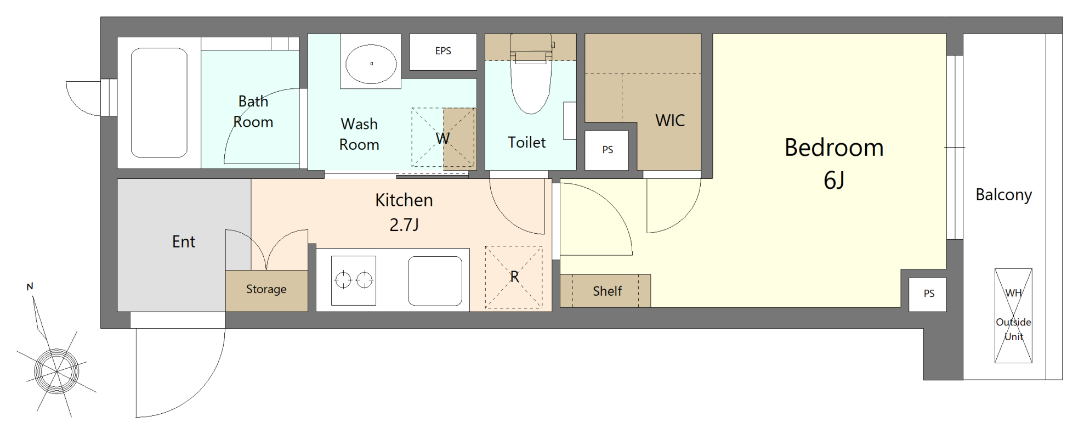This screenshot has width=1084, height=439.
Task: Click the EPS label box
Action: tap(443, 52)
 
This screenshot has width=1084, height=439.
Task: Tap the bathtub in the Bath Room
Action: tap(159, 103)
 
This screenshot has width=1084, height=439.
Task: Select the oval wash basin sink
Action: tap(371, 64)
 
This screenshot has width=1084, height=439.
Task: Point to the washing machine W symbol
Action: tap(443, 138)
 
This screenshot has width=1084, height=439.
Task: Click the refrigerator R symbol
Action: tap(514, 277)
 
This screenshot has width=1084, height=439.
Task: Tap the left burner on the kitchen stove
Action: tap(343, 280)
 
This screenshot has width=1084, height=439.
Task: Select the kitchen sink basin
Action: tap(435, 281)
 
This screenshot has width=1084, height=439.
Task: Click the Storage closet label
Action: tap(266, 289)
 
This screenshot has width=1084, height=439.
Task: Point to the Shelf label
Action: tap(607, 291)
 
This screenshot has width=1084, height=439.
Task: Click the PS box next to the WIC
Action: tap(607, 150)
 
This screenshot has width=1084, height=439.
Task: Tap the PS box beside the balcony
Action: tap(928, 294)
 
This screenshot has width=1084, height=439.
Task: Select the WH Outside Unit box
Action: tap(1013, 316)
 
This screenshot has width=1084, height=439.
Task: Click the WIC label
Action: tap(670, 121)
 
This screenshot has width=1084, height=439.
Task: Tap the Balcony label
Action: tap(1003, 195)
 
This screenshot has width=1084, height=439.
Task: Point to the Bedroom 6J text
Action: tap(834, 164)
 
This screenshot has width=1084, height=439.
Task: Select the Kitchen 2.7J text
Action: tap(404, 212)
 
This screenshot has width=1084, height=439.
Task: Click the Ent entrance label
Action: tap(184, 242)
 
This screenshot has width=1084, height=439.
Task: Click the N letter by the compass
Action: tap(30, 286)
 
